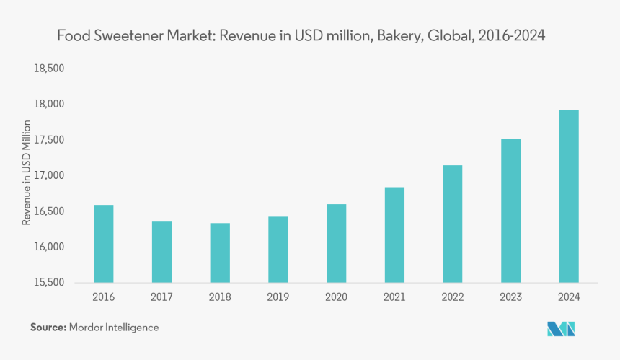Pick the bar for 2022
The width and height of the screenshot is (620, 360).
point(452,224)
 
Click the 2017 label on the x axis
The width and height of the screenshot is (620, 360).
point(161,297)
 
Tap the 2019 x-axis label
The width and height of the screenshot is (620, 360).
point(278,297)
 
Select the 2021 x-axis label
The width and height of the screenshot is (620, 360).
point(394,297)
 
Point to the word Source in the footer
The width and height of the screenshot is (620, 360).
point(48,328)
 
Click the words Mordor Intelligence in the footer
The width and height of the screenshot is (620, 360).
point(114,328)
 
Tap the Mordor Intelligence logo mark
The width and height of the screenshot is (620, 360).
point(561,329)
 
